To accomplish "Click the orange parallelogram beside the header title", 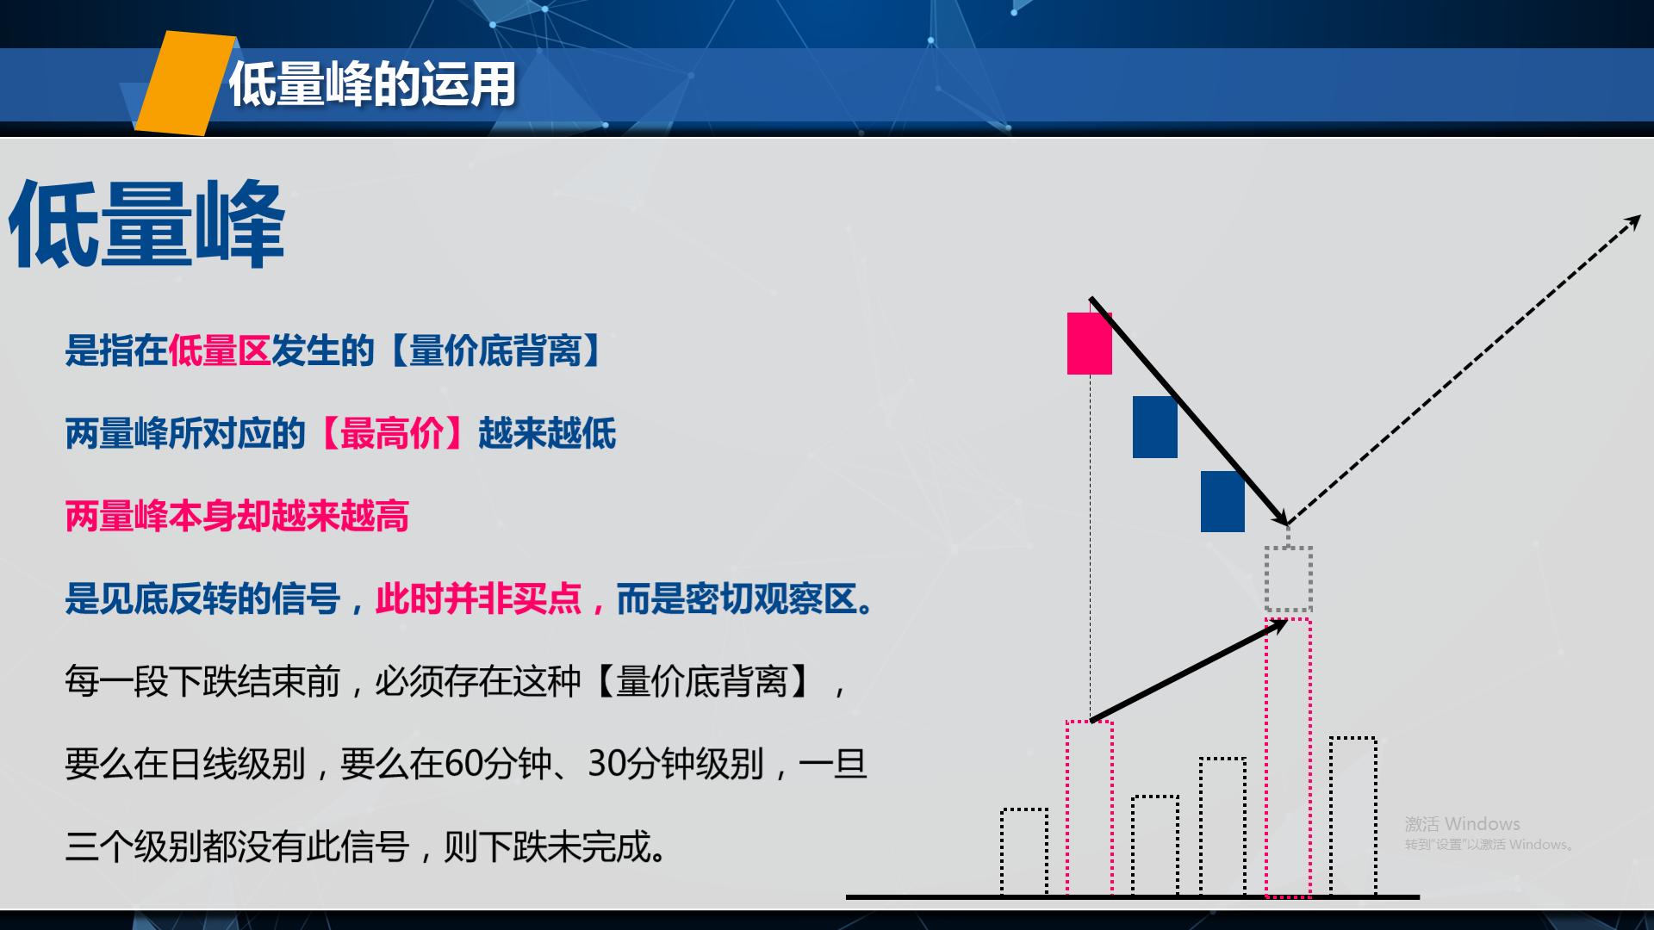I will coord(185,84).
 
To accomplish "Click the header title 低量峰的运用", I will coord(372,84).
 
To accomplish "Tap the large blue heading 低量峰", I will coord(146,226).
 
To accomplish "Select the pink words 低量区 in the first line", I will coord(220,351).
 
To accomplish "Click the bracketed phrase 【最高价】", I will coord(392,433).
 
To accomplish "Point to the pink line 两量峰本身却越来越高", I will coord(237,517).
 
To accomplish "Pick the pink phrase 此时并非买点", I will coord(478,599).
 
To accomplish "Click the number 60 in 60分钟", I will coord(463,765).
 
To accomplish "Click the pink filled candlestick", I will coord(1090,344).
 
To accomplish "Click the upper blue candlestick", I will coord(1154,427).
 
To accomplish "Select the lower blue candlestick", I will coord(1222,501).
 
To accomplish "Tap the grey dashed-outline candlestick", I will coord(1288,579).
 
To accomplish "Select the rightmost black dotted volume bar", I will coord(1352,816).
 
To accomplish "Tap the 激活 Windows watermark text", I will coord(1463,824).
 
